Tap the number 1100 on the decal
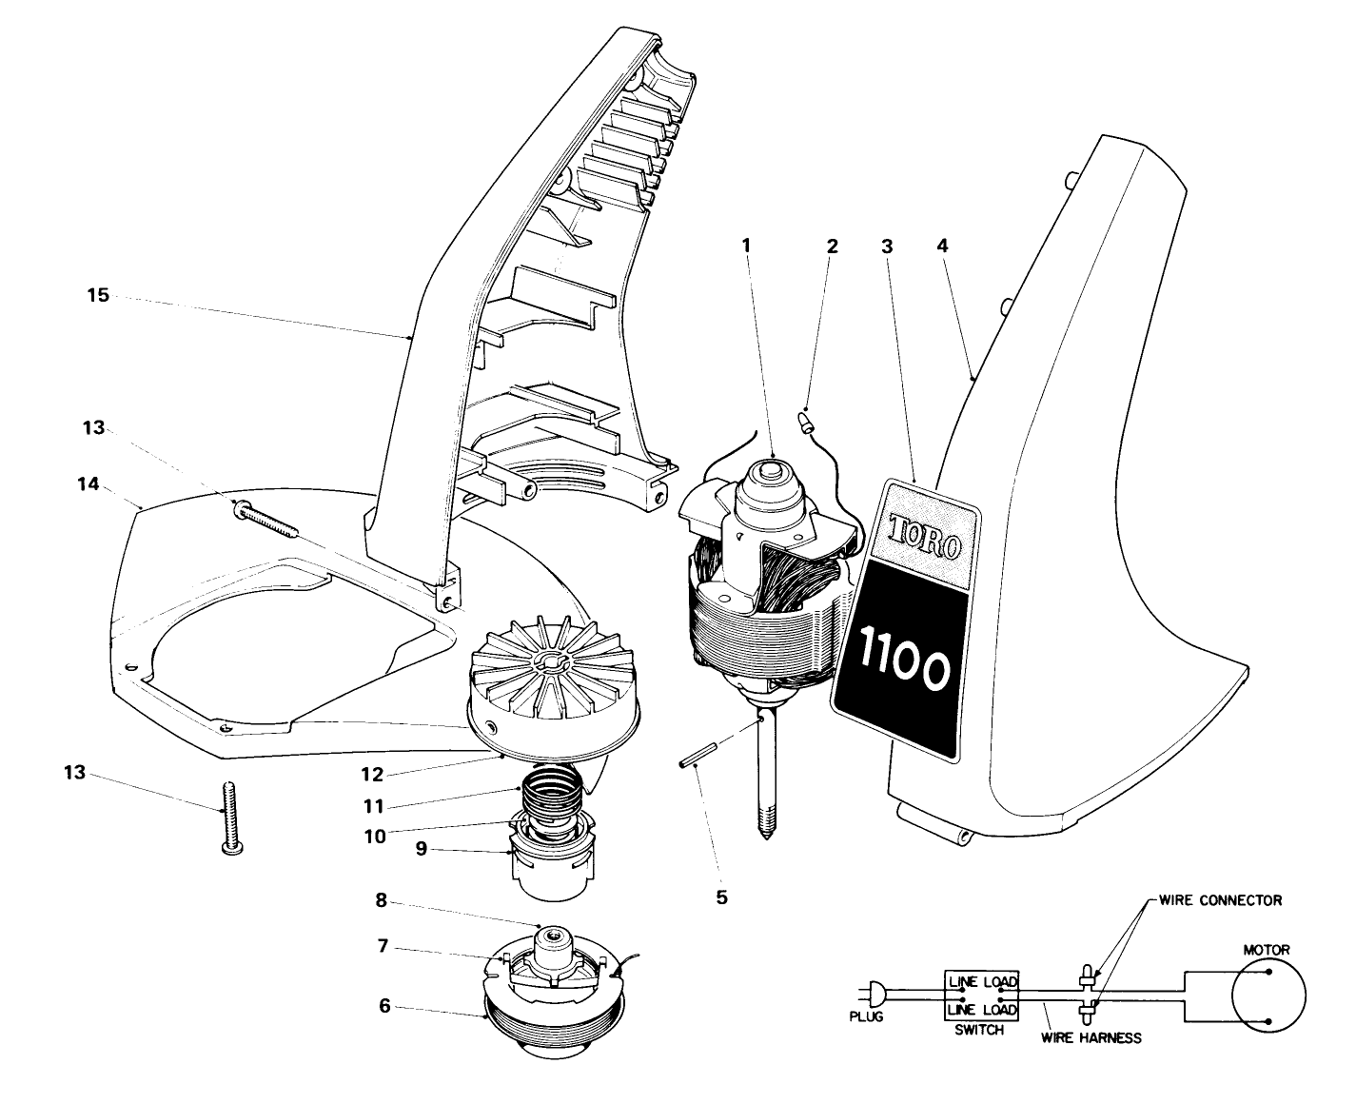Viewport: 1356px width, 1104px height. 905,667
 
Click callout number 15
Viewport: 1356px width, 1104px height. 98,295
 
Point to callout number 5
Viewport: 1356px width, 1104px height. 721,897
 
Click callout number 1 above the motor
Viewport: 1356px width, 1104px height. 746,245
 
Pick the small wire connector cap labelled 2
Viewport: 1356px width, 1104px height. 807,419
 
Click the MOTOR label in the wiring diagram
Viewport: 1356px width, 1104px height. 1267,950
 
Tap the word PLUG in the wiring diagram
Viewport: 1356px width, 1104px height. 865,1016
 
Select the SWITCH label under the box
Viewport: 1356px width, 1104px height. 978,1031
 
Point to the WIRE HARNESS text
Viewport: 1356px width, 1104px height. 1091,1037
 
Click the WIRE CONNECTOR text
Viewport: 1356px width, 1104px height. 1220,899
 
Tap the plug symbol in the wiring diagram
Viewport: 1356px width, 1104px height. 874,995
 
